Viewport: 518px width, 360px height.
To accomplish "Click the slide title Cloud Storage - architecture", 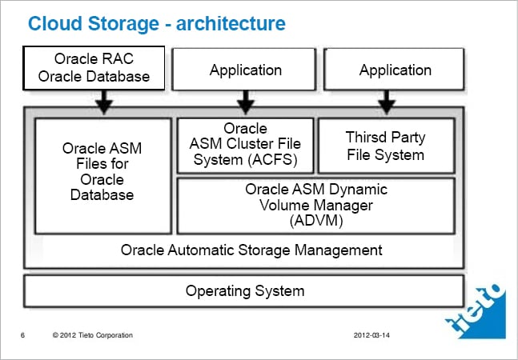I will (156, 24).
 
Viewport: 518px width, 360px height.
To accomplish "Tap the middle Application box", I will (245, 70).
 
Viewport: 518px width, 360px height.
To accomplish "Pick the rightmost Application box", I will (395, 70).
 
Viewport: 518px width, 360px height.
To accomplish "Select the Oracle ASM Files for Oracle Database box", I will (102, 172).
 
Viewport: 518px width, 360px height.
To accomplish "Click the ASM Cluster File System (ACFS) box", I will (245, 145).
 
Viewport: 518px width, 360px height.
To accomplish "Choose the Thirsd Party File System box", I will (386, 145).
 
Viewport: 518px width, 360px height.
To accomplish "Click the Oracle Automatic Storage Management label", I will (251, 250).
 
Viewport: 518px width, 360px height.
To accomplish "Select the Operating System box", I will (244, 290).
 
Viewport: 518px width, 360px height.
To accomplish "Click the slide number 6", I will (22, 334).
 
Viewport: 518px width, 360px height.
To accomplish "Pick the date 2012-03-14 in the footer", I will (374, 334).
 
